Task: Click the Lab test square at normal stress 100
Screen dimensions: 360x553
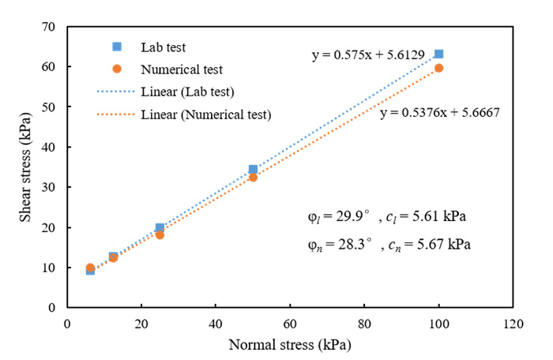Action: click(x=439, y=54)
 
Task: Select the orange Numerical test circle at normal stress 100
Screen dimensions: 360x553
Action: click(x=439, y=68)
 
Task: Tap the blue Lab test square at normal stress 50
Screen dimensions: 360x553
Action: click(x=253, y=169)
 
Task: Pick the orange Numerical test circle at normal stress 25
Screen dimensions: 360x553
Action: click(x=160, y=234)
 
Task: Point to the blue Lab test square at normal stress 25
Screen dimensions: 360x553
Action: click(x=160, y=227)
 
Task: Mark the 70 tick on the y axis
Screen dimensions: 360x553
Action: click(x=51, y=27)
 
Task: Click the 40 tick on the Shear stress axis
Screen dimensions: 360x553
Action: click(x=51, y=147)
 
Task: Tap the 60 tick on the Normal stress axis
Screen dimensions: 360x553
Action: click(x=290, y=322)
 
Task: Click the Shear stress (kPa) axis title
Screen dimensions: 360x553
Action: click(x=21, y=166)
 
